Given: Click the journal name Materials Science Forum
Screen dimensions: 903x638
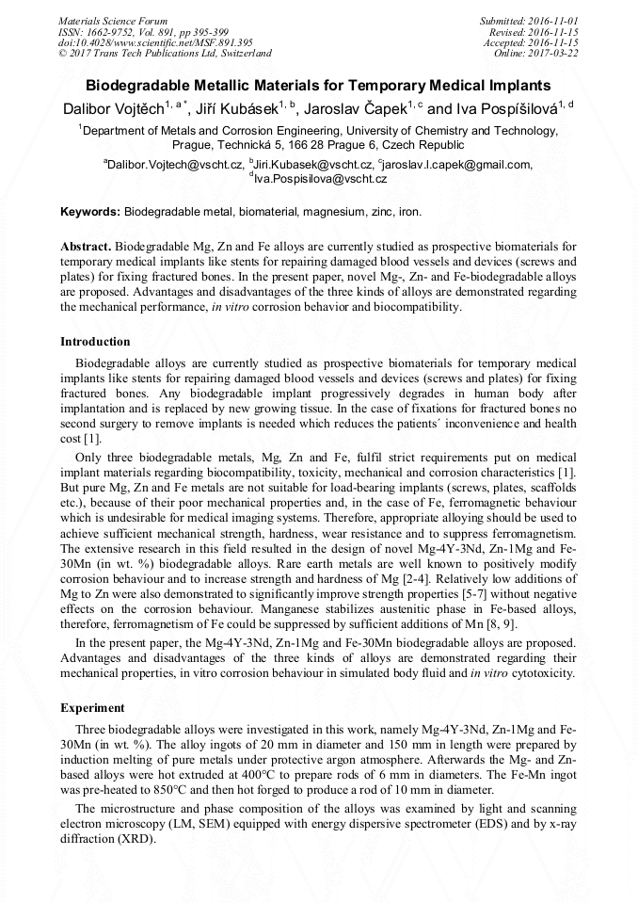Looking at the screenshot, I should pos(113,20).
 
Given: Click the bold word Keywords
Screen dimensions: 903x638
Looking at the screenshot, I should pos(90,214).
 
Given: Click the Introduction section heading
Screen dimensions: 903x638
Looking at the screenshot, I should pos(95,342).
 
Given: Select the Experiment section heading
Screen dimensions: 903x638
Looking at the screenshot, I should pos(92,707).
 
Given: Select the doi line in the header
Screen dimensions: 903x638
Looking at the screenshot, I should pos(155,42).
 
